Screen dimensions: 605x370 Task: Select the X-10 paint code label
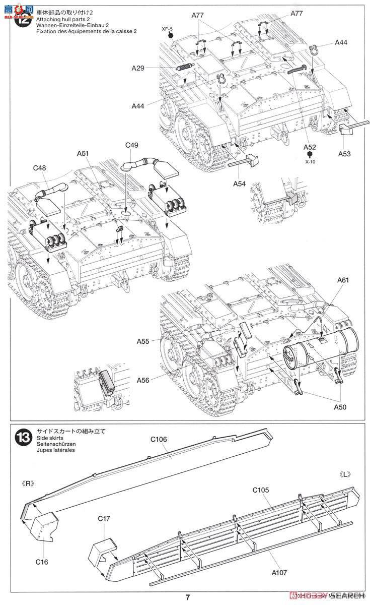click(x=311, y=162)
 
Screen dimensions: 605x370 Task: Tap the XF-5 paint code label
click(x=171, y=29)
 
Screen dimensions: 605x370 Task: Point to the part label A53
click(x=345, y=153)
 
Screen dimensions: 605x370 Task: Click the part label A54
click(x=239, y=184)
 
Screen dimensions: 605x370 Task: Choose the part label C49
click(x=132, y=145)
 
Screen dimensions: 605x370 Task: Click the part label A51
click(x=84, y=153)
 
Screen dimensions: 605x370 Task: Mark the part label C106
click(x=158, y=439)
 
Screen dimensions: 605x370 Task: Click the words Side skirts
click(x=48, y=439)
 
